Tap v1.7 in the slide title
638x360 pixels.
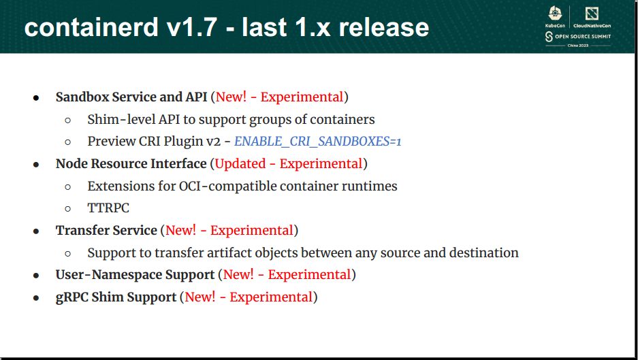pos(197,27)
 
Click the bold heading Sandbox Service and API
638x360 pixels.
pos(131,97)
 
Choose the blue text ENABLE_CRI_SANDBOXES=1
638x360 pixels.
pos(318,142)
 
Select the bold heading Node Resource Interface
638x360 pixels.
pos(131,164)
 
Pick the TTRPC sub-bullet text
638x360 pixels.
pos(108,208)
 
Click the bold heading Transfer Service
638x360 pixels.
pos(106,231)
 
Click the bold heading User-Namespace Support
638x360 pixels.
pos(135,275)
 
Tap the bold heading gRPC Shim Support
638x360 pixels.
pos(116,297)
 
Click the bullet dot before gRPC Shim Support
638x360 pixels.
pos(36,298)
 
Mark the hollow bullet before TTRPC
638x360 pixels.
pos(67,209)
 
